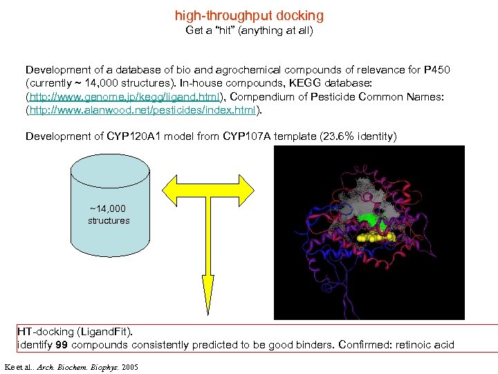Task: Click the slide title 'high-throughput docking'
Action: (249, 15)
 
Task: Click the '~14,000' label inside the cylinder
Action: (108, 208)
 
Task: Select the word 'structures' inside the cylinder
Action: (109, 221)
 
